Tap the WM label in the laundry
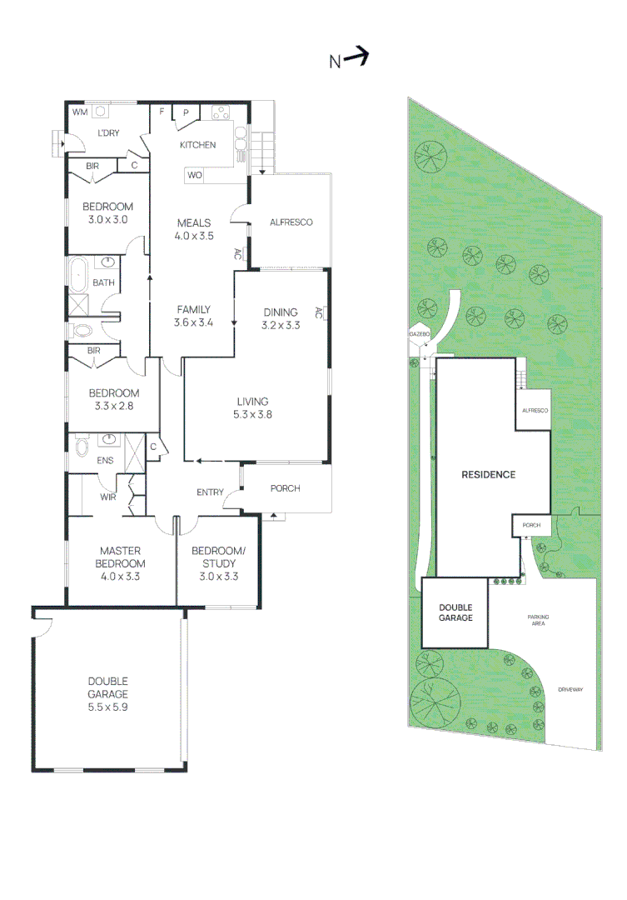coord(80,112)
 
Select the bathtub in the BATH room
coord(79,273)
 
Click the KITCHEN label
coord(198,145)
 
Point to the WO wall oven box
coord(195,175)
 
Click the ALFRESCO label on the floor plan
coord(291,222)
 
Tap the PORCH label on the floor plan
coord(285,488)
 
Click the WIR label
coord(107,497)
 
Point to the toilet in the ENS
coord(81,447)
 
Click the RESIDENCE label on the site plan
coord(489,475)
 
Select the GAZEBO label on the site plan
coord(418,333)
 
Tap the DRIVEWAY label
coord(571,689)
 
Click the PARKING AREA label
coord(538,620)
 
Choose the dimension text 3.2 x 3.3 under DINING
coord(280,325)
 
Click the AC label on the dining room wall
coord(318,313)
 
